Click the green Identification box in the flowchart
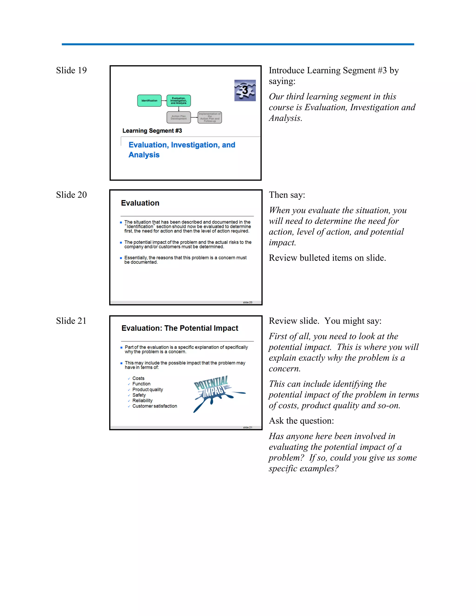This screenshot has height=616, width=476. pyautogui.click(x=149, y=101)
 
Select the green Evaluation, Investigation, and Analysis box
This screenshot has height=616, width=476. pyautogui.click(x=178, y=101)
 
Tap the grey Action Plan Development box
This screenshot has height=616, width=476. pyautogui.click(x=178, y=117)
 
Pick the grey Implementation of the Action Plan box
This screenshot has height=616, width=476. pyautogui.click(x=209, y=117)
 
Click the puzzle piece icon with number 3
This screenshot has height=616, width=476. pyautogui.click(x=245, y=90)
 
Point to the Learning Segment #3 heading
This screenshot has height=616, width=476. pyautogui.click(x=152, y=131)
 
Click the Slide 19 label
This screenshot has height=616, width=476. pyautogui.click(x=71, y=70)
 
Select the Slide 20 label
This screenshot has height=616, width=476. pyautogui.click(x=71, y=195)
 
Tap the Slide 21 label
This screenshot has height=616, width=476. pyautogui.click(x=71, y=321)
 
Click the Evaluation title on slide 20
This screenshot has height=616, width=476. pyautogui.click(x=140, y=203)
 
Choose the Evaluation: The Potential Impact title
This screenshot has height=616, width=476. pyautogui.click(x=180, y=328)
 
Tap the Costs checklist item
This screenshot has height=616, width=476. pyautogui.click(x=138, y=378)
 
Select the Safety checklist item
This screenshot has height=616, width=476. pyautogui.click(x=139, y=395)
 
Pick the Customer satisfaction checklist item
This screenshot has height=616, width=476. pyautogui.click(x=155, y=406)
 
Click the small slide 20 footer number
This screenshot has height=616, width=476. pyautogui.click(x=247, y=302)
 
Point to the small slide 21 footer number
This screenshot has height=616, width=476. pyautogui.click(x=247, y=427)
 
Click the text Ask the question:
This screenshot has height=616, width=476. pyautogui.click(x=301, y=421)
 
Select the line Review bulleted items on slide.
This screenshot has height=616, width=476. pyautogui.click(x=327, y=258)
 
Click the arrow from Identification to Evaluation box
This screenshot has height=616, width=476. pyautogui.click(x=164, y=101)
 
